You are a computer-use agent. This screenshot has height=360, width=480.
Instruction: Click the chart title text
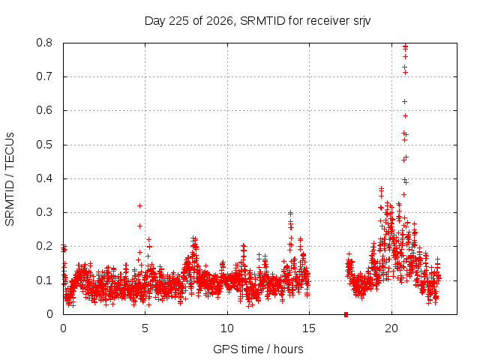[x=257, y=21]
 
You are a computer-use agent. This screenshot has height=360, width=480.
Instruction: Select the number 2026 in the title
[x=220, y=21]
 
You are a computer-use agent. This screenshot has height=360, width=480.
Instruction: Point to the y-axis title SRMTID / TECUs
[x=10, y=179]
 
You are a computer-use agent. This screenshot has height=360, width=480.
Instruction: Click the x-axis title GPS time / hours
[x=258, y=349]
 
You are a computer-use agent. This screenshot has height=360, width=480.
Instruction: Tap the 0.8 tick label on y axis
[x=44, y=43]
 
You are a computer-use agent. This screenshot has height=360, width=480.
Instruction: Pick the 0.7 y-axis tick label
[x=44, y=76]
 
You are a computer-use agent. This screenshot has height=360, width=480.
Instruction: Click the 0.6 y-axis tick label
[x=44, y=110]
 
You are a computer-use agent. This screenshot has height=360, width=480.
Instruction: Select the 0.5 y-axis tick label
[x=44, y=145]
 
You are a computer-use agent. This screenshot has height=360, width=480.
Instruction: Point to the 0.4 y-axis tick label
[x=44, y=178]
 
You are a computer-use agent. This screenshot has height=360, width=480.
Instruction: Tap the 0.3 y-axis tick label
[x=44, y=212]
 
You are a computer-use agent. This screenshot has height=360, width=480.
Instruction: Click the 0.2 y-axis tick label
[x=44, y=246]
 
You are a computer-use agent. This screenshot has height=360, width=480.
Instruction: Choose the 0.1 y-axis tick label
[x=44, y=280]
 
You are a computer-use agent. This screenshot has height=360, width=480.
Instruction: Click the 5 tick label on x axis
[x=145, y=328]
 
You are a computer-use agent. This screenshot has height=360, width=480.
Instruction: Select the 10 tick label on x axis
[x=227, y=328]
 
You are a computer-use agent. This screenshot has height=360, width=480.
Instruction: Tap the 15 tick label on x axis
[x=309, y=328]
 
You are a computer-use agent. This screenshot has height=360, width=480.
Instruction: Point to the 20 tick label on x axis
[x=391, y=328]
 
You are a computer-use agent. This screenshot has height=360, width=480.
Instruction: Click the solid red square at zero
[x=346, y=314]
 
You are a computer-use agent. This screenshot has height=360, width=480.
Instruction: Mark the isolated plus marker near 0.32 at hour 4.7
[x=140, y=206]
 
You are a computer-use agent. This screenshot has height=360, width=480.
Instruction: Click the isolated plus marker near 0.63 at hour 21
[x=405, y=102]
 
